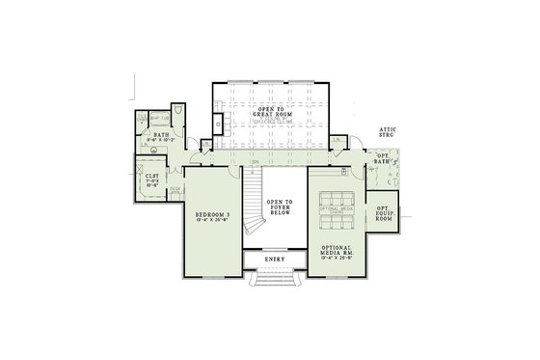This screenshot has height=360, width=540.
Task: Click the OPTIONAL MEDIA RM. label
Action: (337, 250)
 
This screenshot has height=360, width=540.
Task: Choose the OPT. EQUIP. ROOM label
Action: (384, 214)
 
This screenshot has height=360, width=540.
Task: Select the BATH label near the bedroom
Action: (160, 136)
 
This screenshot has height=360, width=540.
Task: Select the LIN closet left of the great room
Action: (205, 147)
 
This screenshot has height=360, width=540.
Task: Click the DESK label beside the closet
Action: (175, 189)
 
